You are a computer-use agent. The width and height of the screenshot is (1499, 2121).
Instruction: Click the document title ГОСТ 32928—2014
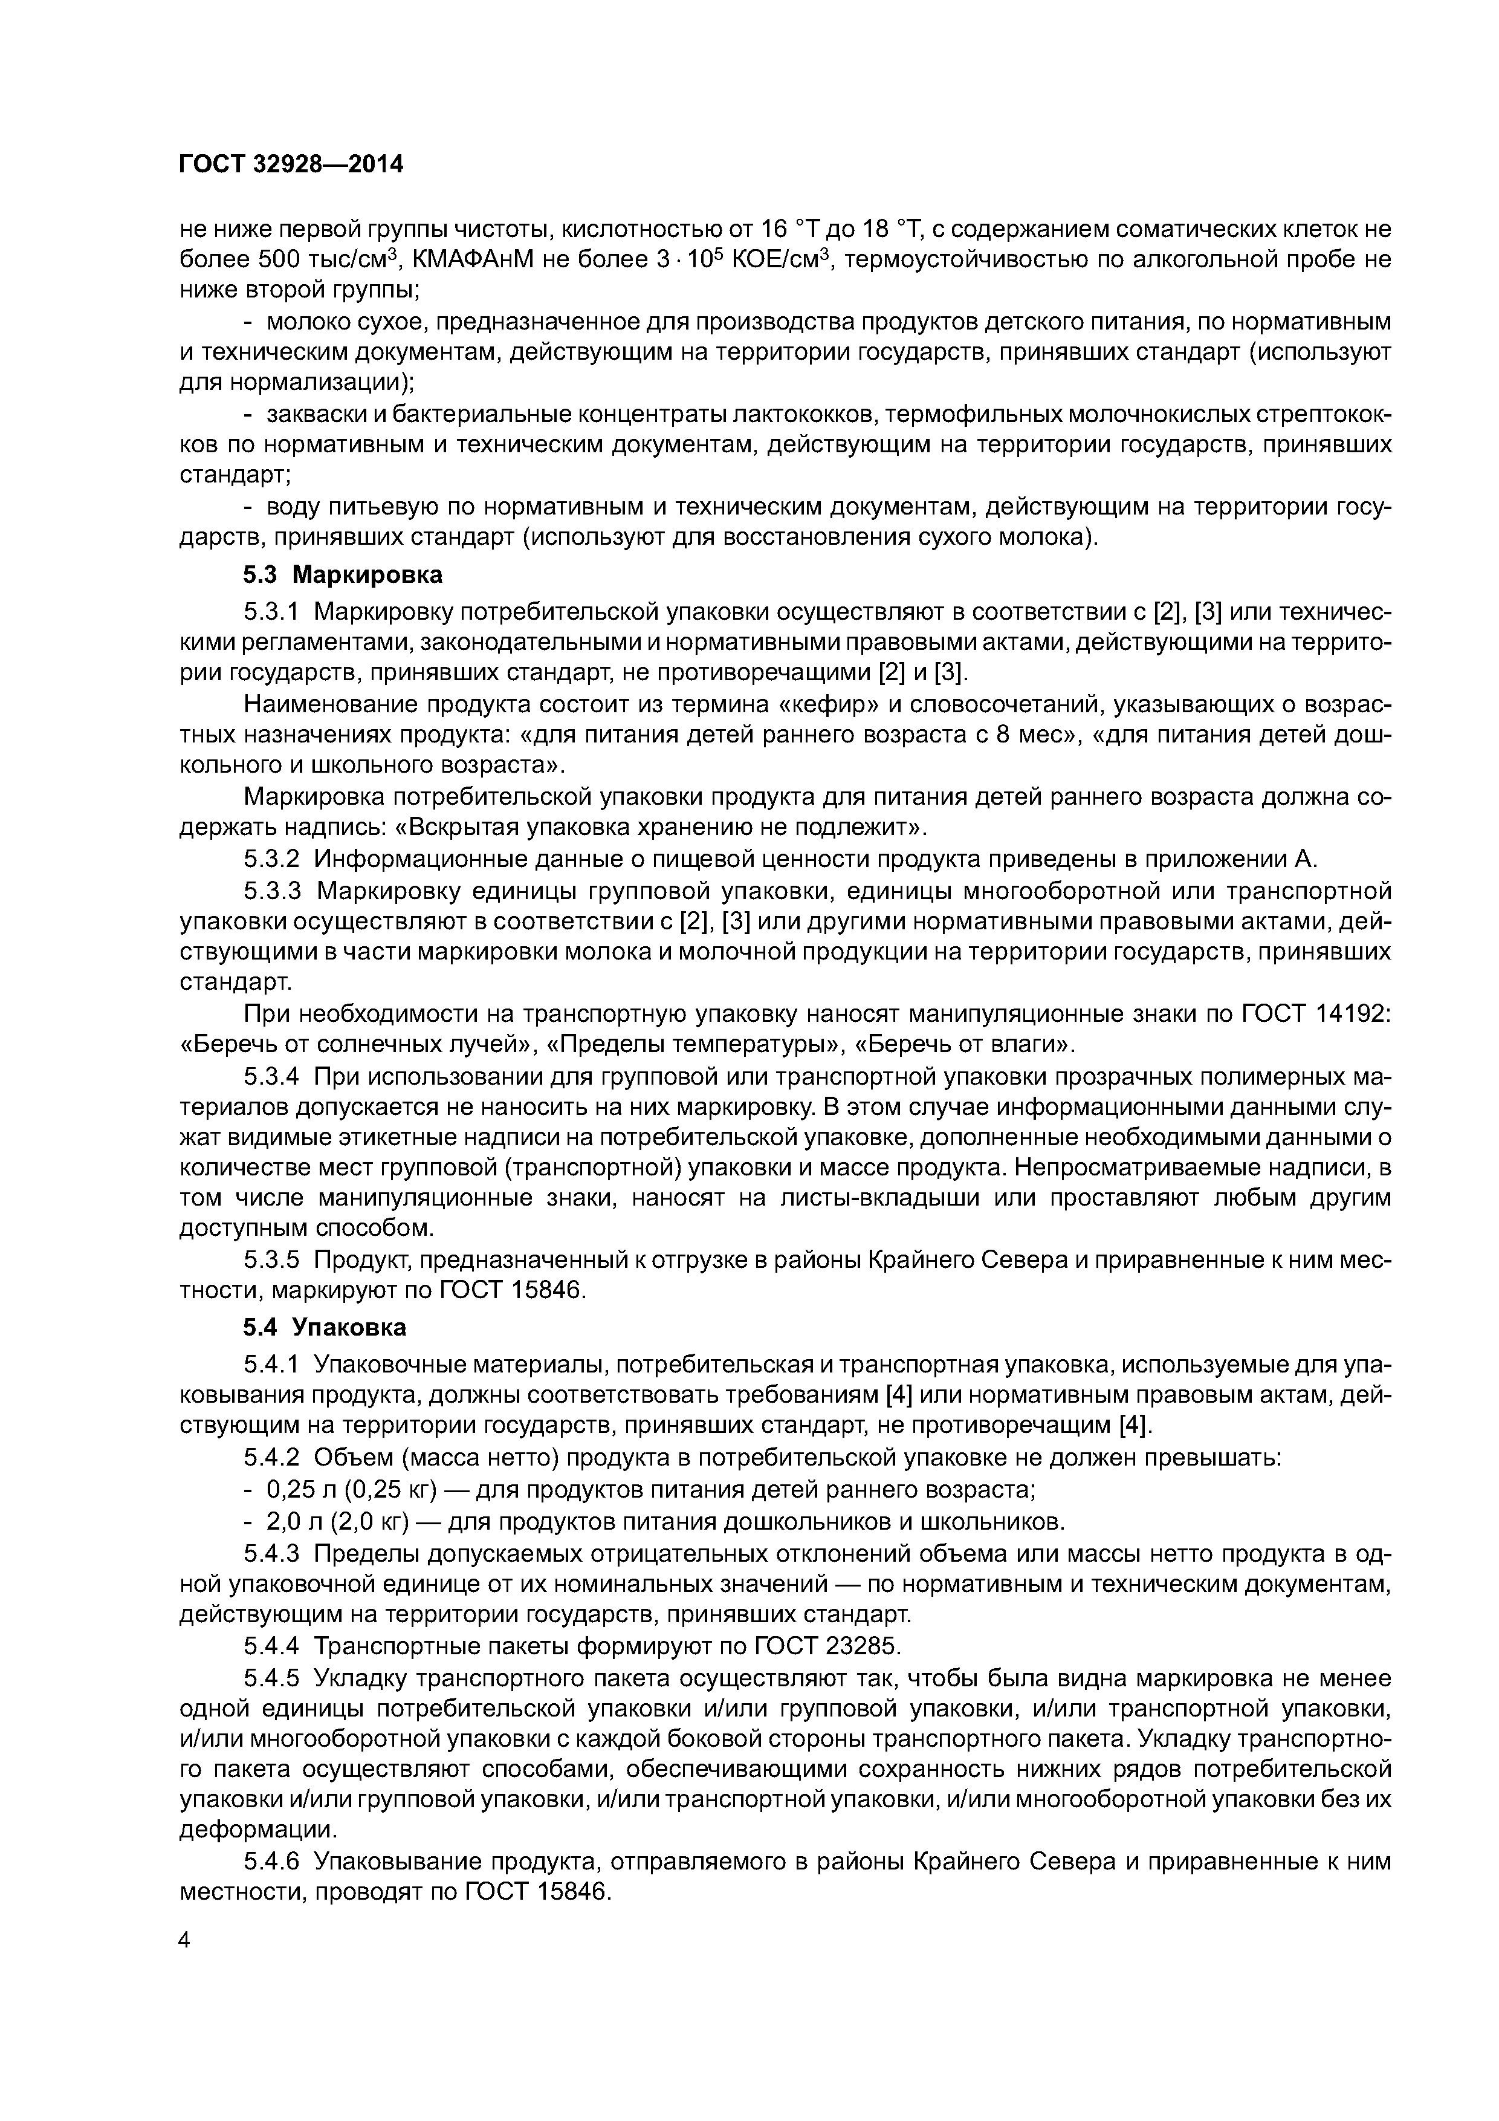(291, 164)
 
